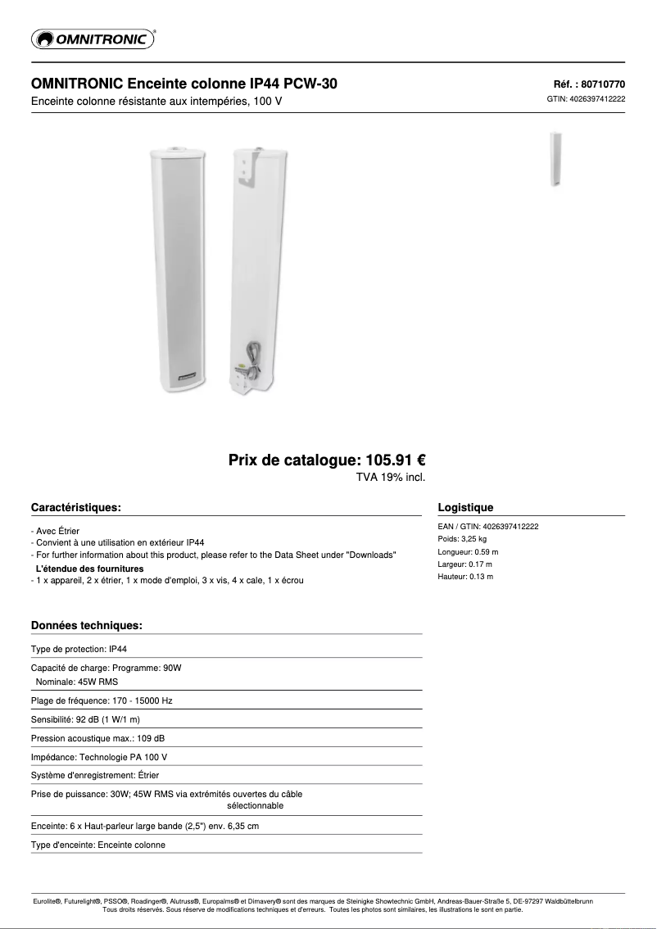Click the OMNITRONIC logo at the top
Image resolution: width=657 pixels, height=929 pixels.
[x=93, y=39]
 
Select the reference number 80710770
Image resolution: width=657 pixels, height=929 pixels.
[x=603, y=84]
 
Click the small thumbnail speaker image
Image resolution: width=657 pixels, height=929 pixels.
[x=555, y=159]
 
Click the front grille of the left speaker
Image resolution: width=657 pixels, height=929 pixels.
[x=179, y=262]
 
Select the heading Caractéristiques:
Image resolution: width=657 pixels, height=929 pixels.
[x=75, y=508]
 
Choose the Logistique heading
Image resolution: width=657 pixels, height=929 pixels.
[x=465, y=508]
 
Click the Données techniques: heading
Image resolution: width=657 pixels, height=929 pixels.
[x=86, y=626]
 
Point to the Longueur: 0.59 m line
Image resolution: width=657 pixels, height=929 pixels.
[x=468, y=552]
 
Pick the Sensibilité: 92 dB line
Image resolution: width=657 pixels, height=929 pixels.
[x=85, y=719]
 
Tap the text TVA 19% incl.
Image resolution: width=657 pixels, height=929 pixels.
[x=389, y=477]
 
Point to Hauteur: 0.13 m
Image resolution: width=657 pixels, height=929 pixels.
[x=465, y=577]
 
